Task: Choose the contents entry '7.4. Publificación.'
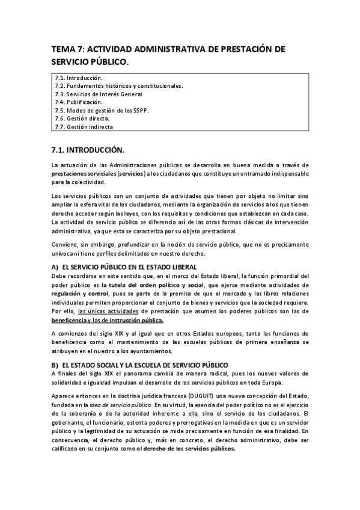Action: pos(79,102)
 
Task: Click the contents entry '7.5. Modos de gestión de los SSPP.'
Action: pos(101,111)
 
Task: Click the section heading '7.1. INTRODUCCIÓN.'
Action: pos(88,148)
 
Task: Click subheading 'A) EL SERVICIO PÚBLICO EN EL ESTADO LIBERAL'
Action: pos(124,266)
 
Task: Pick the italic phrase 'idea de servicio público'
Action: pos(118,405)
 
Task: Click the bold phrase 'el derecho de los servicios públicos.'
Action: pos(186,449)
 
